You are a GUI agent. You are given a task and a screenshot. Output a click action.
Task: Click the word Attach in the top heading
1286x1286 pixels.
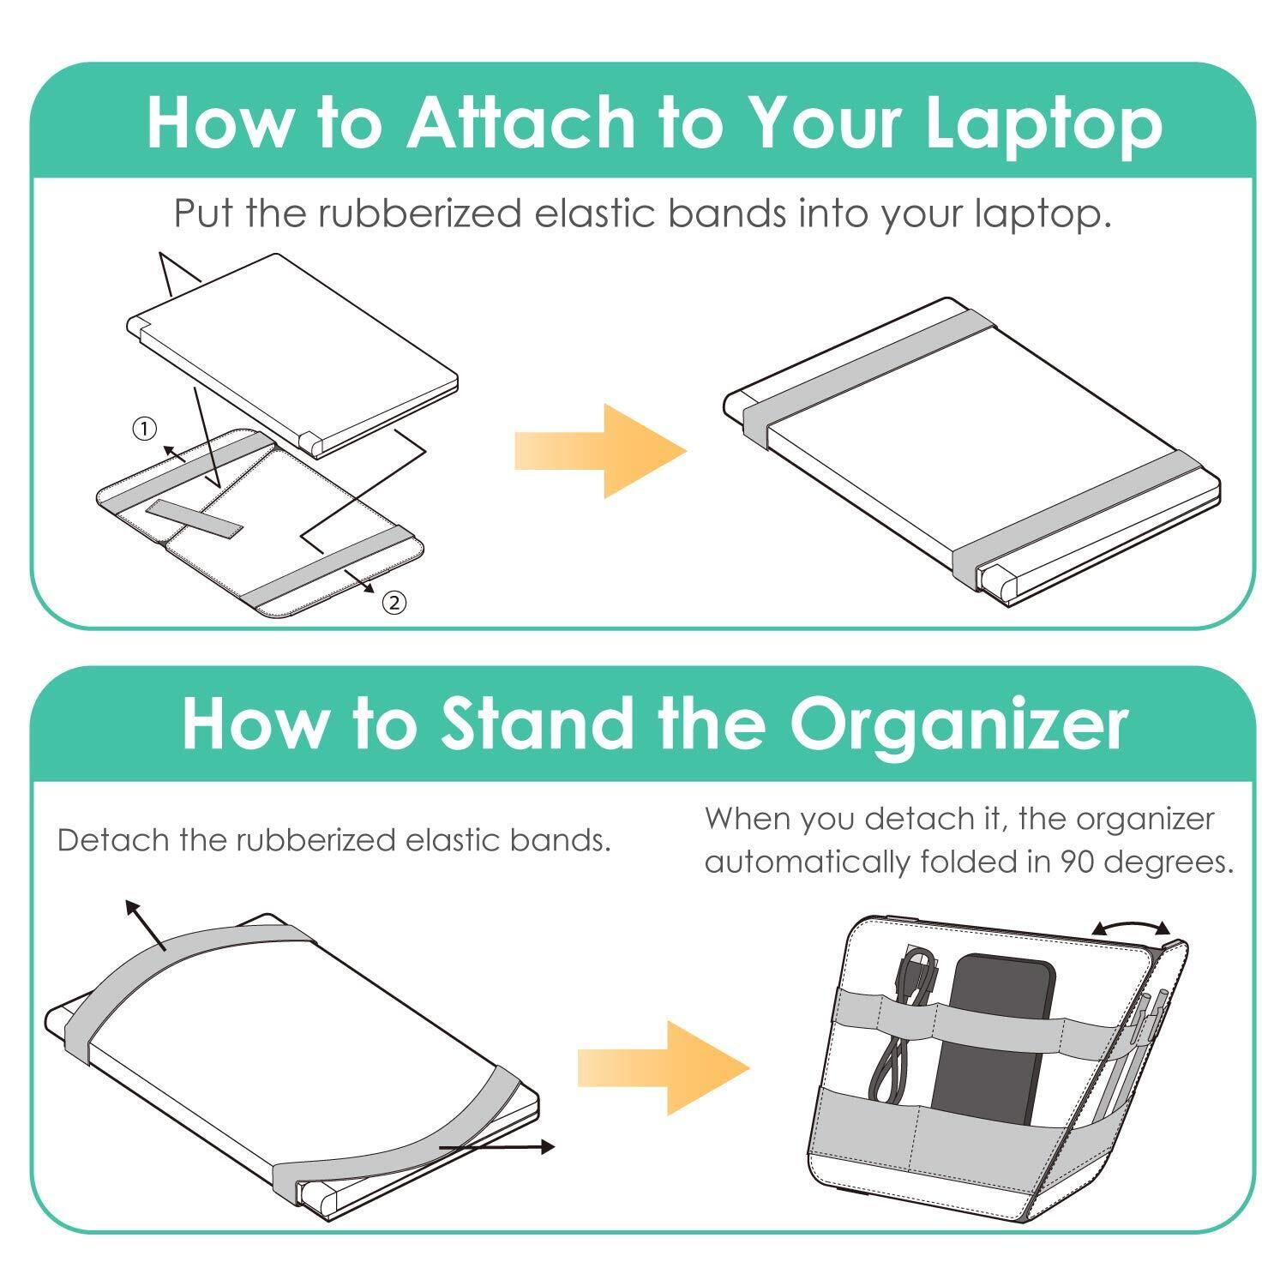coord(520,122)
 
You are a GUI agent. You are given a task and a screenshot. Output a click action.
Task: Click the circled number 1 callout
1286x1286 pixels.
coord(144,428)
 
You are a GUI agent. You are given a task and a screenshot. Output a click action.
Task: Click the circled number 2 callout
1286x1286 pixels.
coord(394,603)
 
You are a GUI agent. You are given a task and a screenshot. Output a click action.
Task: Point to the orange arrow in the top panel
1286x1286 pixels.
coord(600,450)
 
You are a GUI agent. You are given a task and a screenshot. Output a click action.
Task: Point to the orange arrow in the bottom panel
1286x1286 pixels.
coord(664,1067)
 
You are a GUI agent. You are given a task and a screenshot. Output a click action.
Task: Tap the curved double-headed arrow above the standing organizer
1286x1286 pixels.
coord(1131,926)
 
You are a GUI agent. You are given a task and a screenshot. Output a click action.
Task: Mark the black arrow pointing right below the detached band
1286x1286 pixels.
coord(497,1146)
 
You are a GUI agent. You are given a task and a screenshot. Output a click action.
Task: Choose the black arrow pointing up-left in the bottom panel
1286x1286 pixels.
coord(145,925)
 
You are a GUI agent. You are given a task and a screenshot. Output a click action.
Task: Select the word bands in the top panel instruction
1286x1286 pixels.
coord(725,213)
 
